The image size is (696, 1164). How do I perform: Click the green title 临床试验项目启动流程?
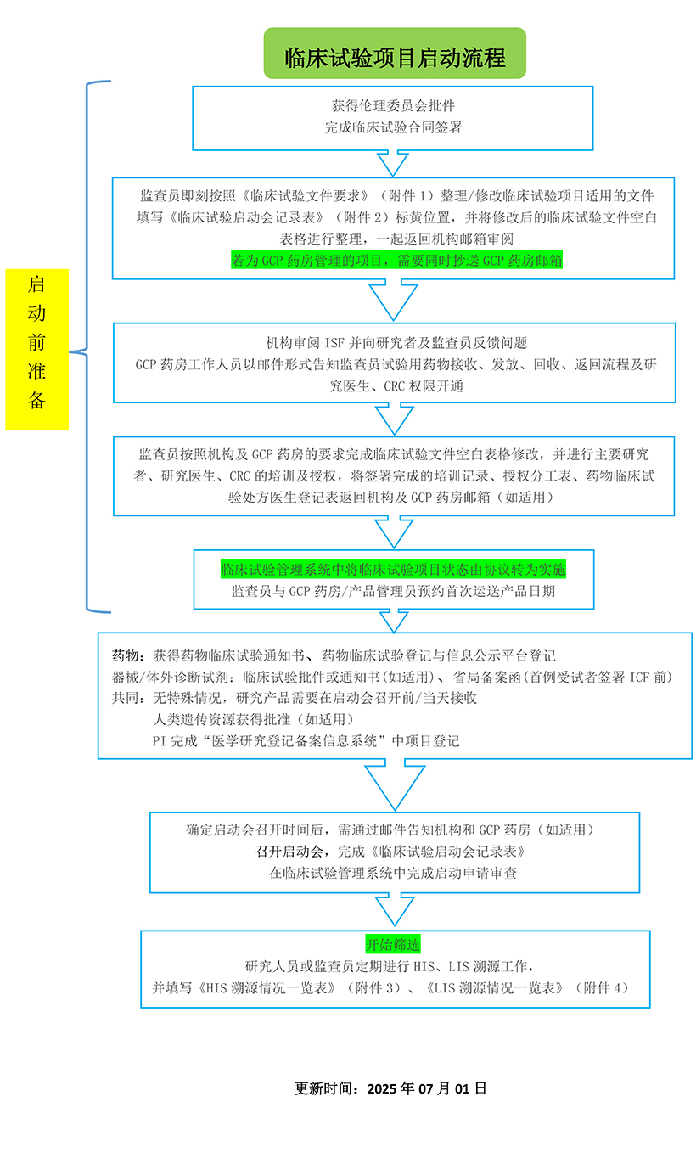[395, 57]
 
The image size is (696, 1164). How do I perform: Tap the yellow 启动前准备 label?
[36, 349]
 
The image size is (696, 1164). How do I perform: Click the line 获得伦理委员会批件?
[393, 106]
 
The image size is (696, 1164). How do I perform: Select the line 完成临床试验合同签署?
[393, 127]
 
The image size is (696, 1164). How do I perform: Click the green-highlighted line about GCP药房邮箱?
[397, 260]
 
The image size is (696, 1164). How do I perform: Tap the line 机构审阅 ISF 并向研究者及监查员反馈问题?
[396, 343]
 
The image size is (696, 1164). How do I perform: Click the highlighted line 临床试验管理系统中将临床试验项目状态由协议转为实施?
[393, 570]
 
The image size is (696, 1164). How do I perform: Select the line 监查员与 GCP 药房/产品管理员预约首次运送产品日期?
[393, 592]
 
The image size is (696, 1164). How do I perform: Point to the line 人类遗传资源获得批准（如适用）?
[254, 720]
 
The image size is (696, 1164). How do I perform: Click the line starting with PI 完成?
[306, 741]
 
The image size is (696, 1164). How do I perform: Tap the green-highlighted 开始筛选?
[393, 944]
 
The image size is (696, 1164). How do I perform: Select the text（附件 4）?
[601, 988]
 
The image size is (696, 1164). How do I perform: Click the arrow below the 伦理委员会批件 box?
[393, 163]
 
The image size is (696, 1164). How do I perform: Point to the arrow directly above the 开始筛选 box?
[395, 909]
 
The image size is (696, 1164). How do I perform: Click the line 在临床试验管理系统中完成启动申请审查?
[393, 873]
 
